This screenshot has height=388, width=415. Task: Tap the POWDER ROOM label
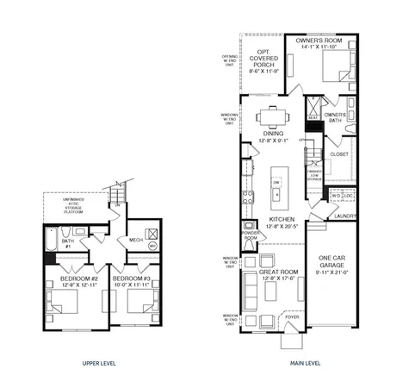[252, 235]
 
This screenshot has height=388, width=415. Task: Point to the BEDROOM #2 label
[78, 281]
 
